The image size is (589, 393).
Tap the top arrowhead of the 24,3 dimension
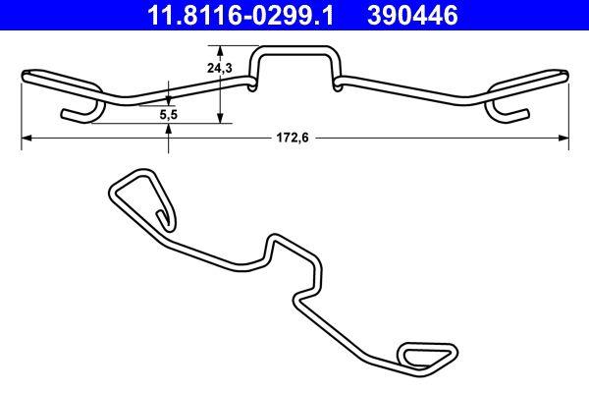pos(220,55)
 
